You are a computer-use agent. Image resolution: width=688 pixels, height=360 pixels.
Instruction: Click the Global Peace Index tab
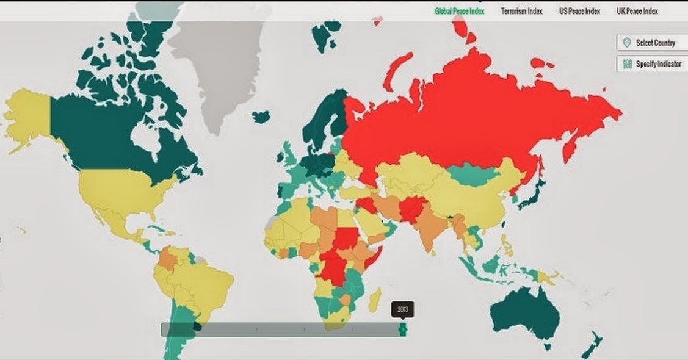click(459, 11)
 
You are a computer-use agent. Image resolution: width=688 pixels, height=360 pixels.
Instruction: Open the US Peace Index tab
click(579, 11)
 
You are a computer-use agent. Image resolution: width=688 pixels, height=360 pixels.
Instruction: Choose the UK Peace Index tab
click(637, 11)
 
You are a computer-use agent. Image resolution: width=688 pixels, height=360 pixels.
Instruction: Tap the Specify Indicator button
click(651, 63)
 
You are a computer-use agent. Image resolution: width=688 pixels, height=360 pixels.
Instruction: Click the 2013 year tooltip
click(402, 309)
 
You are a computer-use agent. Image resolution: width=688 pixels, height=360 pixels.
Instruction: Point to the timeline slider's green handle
click(402, 329)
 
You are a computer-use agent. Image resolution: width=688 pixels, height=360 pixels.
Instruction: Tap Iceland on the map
click(261, 116)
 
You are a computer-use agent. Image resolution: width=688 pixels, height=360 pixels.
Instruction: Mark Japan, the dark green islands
click(530, 194)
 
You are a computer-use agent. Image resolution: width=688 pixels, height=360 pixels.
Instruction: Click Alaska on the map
click(28, 113)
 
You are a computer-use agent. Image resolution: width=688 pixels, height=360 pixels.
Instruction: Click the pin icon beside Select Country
click(626, 43)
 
